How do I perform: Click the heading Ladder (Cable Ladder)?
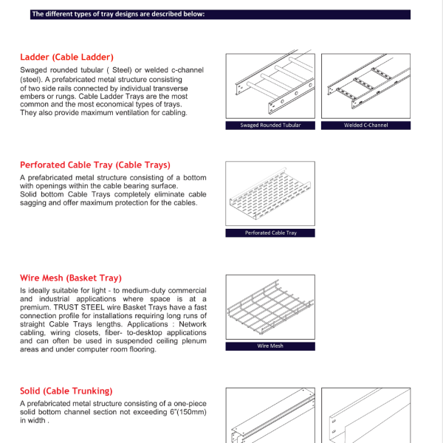click(67, 57)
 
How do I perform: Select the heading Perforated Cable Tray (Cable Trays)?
click(95, 165)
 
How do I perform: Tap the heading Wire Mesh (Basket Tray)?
click(70, 278)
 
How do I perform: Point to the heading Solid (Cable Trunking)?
click(66, 391)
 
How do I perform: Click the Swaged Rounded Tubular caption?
click(270, 126)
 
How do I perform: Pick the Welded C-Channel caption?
click(365, 126)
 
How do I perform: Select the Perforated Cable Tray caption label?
click(270, 233)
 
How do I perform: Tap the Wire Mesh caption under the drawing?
click(270, 346)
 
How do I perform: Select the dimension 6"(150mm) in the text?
click(182, 412)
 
